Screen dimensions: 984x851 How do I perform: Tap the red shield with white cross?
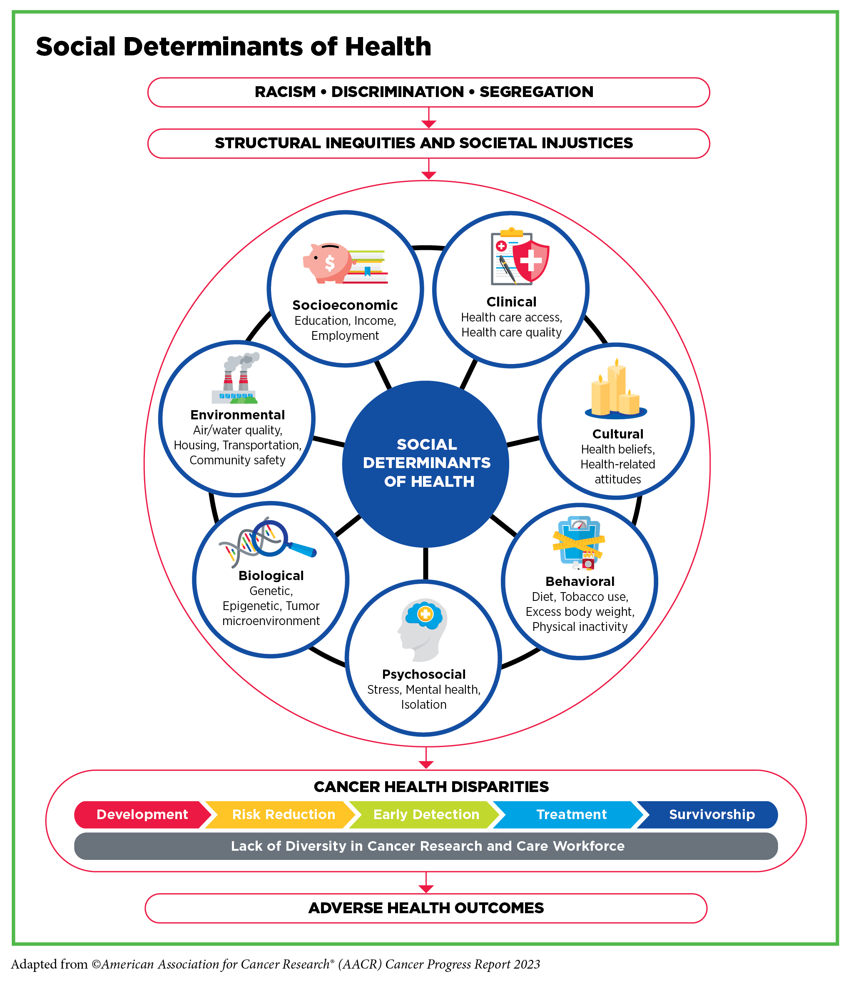[x=531, y=260]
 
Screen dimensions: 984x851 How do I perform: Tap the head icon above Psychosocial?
[x=423, y=629]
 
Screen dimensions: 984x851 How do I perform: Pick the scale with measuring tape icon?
[x=579, y=542]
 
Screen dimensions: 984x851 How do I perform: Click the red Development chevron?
[x=142, y=815]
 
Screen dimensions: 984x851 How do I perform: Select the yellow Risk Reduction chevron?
[x=284, y=815]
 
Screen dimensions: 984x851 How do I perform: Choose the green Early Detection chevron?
[x=426, y=815]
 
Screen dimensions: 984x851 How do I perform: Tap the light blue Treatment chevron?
[x=571, y=815]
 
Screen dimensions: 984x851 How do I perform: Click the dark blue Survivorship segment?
[x=712, y=815]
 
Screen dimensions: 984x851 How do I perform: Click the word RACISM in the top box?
[x=285, y=92]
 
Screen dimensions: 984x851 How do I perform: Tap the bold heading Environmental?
[x=237, y=415]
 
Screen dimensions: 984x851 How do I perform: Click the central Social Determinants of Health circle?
[x=426, y=463]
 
